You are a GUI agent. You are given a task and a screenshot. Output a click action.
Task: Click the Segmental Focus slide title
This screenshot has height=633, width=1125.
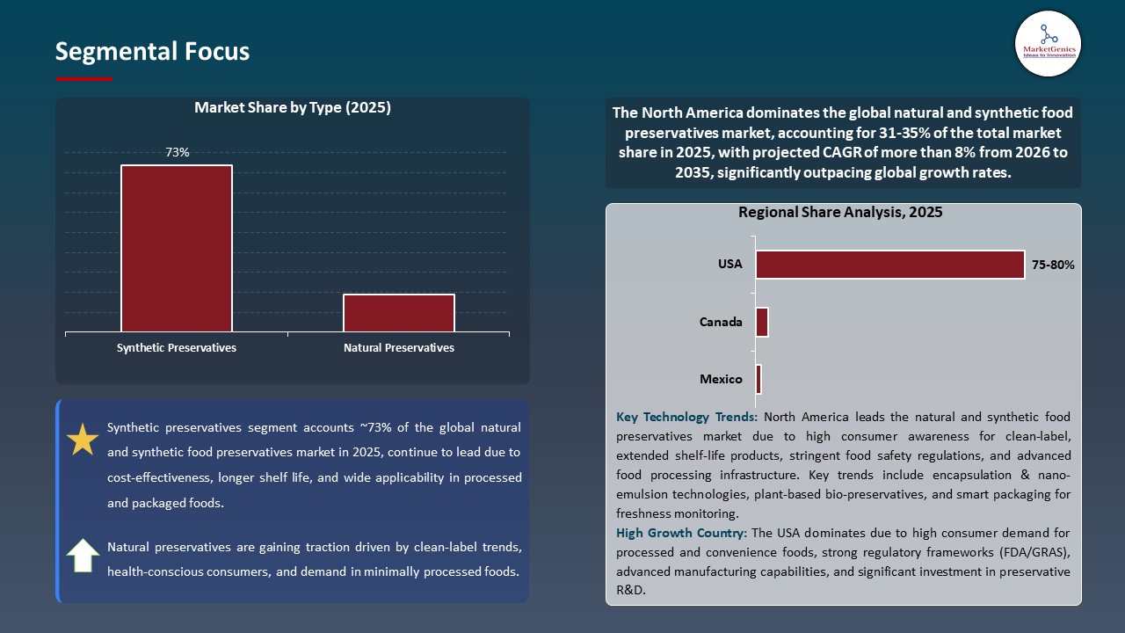[x=152, y=52]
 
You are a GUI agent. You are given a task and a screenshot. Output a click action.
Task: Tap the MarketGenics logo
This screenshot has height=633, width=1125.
[x=1048, y=43]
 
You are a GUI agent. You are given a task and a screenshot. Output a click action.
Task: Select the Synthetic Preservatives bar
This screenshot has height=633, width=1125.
[x=177, y=248]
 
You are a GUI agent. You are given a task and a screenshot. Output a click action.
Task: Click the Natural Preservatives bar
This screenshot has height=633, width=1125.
[x=399, y=313]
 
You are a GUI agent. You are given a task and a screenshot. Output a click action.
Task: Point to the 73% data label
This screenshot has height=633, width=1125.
[x=178, y=153]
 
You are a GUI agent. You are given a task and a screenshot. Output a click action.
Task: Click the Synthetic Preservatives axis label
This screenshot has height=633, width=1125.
[x=177, y=348]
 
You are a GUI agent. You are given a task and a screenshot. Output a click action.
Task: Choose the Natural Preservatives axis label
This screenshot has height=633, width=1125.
[x=399, y=348]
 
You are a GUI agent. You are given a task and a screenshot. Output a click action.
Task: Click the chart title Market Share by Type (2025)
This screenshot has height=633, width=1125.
[x=293, y=108]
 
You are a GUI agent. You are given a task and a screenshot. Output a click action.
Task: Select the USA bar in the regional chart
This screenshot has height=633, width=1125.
[x=889, y=265]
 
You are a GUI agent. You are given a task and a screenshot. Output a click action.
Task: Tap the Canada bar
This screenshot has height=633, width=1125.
[x=762, y=322]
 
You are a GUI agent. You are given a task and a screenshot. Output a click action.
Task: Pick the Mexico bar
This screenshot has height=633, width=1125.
[x=758, y=379]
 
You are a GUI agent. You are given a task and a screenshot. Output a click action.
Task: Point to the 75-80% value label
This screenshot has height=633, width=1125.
[x=1052, y=265]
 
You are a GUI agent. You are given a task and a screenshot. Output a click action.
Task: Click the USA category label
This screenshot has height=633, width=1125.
[x=730, y=265]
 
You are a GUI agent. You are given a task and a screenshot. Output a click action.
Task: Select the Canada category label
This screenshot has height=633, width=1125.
[x=721, y=322]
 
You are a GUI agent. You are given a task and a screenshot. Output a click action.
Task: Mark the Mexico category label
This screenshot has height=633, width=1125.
[x=721, y=380]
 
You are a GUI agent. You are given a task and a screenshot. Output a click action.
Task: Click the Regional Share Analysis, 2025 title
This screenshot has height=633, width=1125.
[x=840, y=213]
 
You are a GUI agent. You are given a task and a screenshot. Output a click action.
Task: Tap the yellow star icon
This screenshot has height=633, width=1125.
[x=83, y=440]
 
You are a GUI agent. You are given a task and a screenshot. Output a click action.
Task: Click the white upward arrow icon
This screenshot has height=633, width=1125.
[x=83, y=556]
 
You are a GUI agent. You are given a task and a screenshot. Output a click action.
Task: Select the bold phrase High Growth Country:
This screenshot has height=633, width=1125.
[x=682, y=533]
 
